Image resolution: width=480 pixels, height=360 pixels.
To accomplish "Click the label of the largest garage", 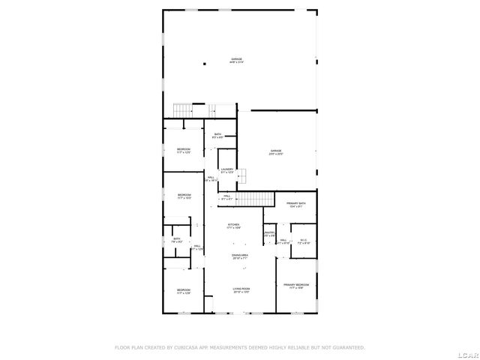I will point(236,59).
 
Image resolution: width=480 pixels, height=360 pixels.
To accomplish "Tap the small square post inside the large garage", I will point(204,64).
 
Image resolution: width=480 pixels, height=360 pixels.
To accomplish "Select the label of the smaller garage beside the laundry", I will point(276,152).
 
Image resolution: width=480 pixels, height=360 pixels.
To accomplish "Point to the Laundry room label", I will point(227,171).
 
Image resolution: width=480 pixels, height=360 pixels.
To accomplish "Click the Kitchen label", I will point(234,225).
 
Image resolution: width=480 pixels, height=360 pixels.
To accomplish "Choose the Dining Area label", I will point(240,256).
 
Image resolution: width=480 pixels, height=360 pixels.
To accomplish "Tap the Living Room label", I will point(240,289).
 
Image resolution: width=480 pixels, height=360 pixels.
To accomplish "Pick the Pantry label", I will point(269,234).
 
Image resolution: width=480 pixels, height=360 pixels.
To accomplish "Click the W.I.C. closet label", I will point(304,241).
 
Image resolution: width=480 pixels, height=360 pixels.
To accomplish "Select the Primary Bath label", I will point(295,204).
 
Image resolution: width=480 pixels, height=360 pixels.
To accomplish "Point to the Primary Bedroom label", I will point(295,286).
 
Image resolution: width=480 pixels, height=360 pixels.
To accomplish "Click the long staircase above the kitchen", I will point(254,199).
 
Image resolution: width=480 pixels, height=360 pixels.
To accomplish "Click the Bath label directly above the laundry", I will point(218,136).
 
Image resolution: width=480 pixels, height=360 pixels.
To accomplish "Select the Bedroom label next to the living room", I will point(184,291).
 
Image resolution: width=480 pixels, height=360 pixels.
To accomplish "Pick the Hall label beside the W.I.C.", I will point(283,241).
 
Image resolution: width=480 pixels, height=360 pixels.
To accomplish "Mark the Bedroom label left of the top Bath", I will point(184,151).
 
